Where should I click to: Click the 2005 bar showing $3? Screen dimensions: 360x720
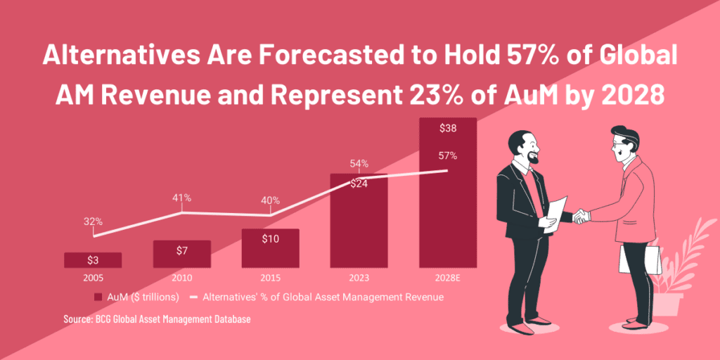(93, 260)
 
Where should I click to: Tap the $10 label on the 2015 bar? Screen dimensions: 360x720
(270, 239)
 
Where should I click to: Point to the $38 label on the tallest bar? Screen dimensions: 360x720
(448, 128)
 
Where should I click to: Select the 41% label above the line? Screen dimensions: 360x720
(181, 198)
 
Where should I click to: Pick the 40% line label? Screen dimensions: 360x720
(270, 200)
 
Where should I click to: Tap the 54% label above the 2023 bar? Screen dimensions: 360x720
(359, 164)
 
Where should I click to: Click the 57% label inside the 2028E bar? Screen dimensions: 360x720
(448, 155)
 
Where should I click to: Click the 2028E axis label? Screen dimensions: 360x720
(448, 277)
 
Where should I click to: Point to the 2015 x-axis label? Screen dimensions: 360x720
(270, 277)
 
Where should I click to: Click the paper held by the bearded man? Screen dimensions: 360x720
(555, 212)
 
